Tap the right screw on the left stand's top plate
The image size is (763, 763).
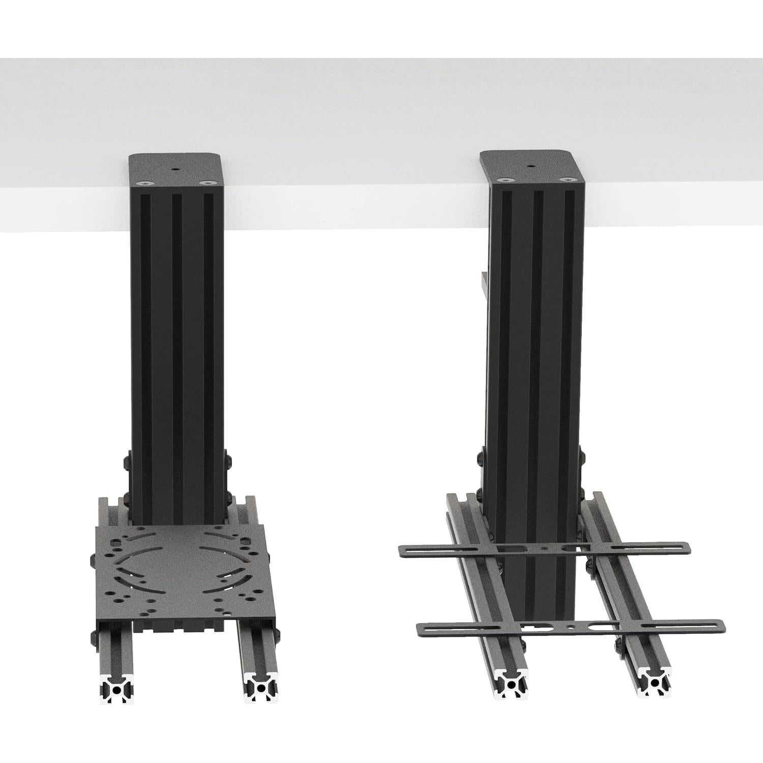click(206, 181)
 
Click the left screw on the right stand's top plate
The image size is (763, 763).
click(504, 180)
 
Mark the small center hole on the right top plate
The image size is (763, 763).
click(531, 166)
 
